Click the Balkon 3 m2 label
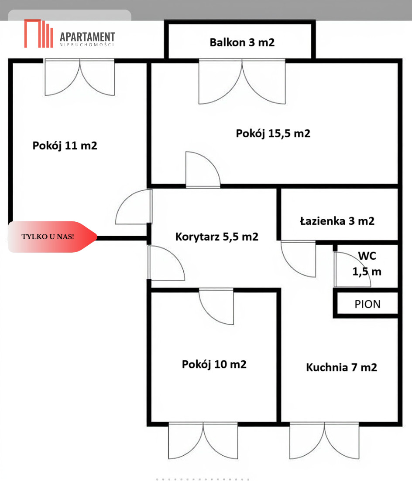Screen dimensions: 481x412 click(242, 43)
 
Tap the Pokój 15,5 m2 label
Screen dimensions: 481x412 click(273, 133)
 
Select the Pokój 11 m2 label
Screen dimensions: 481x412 click(65, 146)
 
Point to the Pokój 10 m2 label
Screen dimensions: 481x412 click(214, 364)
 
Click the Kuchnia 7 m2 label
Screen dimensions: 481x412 click(341, 367)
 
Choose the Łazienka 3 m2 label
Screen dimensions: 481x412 click(337, 221)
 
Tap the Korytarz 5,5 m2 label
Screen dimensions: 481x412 click(216, 237)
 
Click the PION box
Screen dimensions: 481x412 click(367, 304)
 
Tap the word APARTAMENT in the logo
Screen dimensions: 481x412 click(87, 37)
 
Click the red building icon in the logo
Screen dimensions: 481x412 click(38, 33)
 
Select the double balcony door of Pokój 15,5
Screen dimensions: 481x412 click(242, 81)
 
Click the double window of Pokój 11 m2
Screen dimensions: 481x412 click(80, 78)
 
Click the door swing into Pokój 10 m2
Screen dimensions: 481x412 click(216, 307)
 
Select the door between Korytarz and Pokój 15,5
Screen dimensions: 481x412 click(203, 170)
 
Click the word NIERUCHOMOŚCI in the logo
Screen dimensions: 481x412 click(87, 45)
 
